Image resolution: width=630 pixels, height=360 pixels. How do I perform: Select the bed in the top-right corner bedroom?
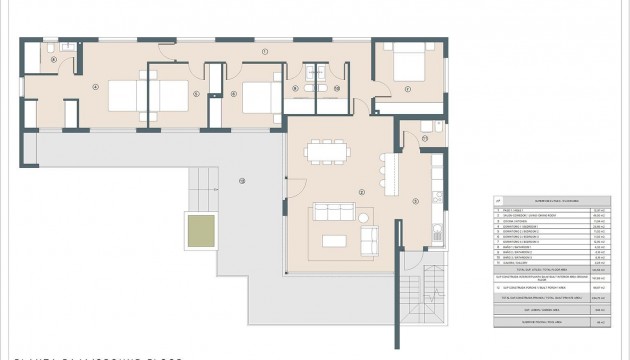[x=404, y=66]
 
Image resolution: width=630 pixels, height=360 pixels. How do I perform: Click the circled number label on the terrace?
[x=241, y=180]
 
